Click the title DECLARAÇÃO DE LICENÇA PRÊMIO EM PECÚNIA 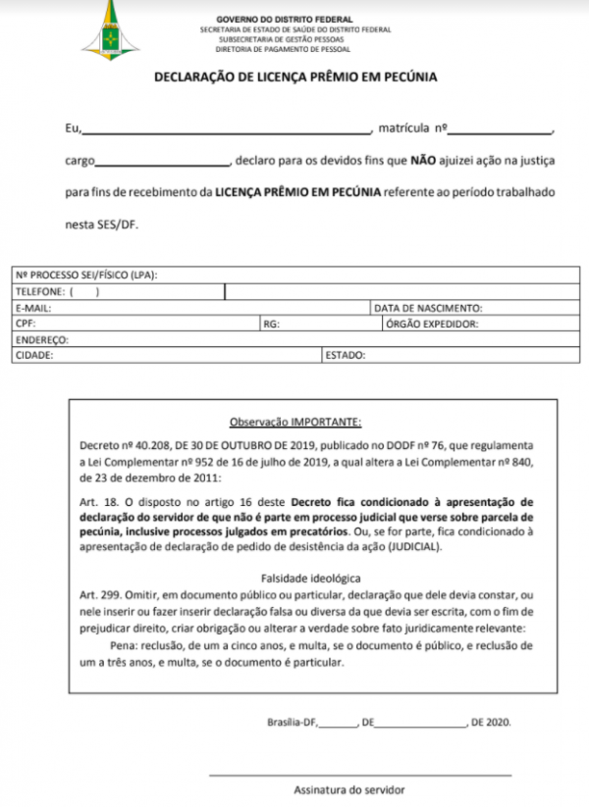point(294,76)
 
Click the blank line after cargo point(162,160)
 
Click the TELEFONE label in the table point(40,291)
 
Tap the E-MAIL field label point(32,307)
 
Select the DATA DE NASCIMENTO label point(430,307)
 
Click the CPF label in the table point(25,323)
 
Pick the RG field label point(270,323)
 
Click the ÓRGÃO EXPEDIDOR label point(432,323)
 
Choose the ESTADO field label point(346,355)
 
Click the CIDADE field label point(34,355)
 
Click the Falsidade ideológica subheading point(297,578)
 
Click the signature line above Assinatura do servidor point(359,775)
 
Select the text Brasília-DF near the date point(292,723)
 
